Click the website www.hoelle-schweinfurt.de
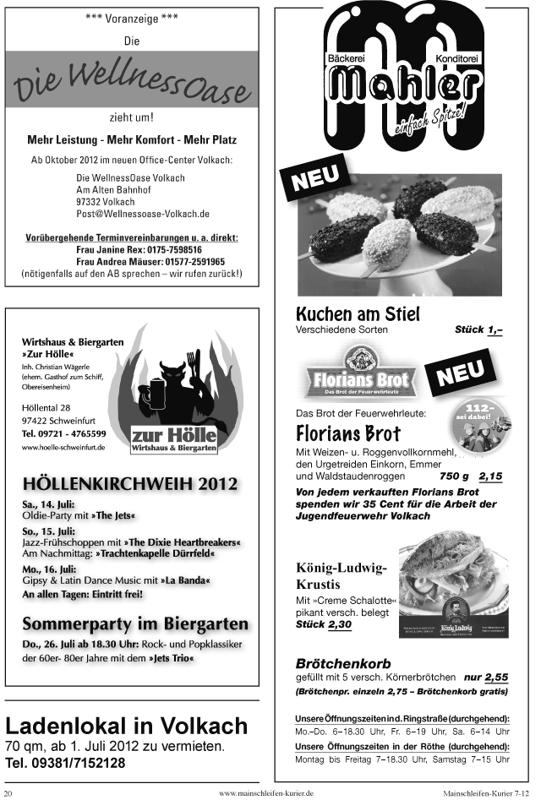point(63,447)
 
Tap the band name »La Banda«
point(185,581)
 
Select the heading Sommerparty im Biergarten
point(135,624)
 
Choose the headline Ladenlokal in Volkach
point(127,726)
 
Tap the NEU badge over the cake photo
point(315,179)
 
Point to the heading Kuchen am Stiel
point(358,314)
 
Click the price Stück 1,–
point(478,329)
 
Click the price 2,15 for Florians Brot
point(489,476)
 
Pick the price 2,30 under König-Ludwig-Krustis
point(339,624)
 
